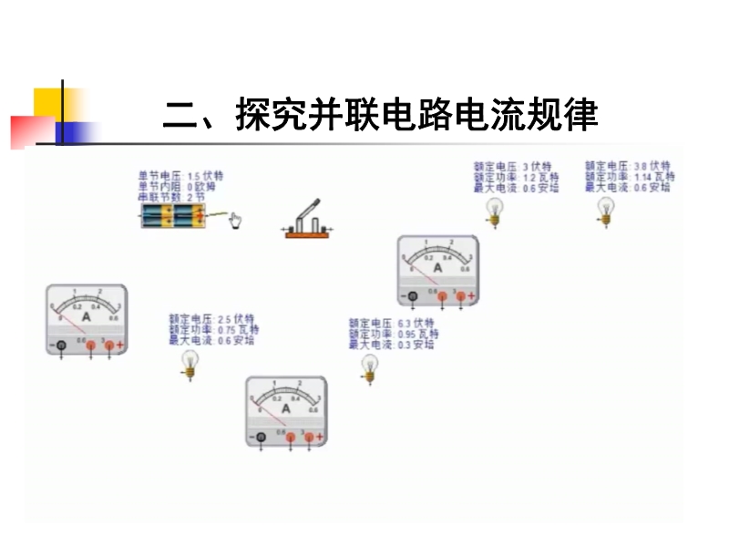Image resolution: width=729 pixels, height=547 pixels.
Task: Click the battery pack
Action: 174,216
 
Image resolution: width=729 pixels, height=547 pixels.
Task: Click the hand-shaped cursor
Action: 235,221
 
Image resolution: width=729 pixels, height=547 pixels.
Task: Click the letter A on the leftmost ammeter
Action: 87,316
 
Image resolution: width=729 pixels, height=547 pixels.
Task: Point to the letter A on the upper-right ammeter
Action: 437,268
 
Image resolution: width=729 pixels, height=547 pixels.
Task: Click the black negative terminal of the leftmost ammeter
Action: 61,346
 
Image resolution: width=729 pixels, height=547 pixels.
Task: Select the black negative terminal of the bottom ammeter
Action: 261,438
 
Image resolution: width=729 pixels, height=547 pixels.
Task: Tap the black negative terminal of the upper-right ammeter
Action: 413,296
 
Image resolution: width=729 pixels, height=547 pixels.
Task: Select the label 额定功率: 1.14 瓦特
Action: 630,177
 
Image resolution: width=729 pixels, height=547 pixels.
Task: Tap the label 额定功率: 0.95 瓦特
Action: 393,335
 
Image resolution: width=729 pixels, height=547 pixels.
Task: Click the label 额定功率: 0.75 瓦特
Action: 213,330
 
